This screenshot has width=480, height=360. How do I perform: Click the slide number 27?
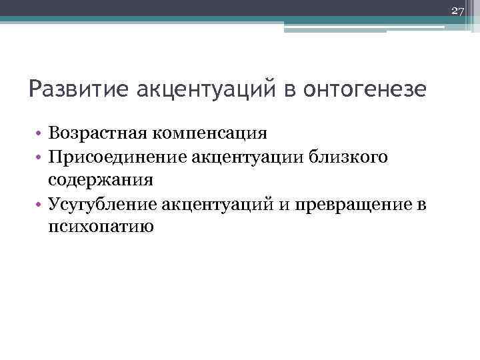457,11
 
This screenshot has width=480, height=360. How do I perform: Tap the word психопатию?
101,227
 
